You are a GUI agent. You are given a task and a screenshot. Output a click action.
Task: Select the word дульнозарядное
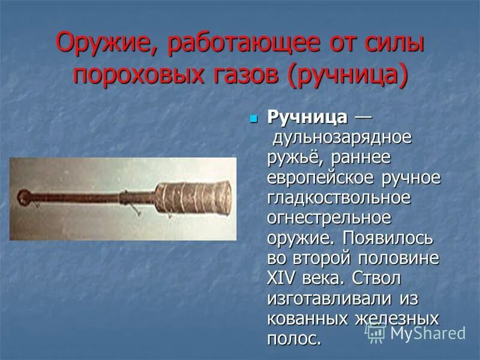[343, 137]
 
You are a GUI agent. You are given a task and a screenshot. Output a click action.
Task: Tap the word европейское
[320, 178]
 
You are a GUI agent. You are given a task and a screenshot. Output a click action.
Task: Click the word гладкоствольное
[339, 197]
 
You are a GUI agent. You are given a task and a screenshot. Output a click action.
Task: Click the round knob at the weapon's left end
[23, 196]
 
